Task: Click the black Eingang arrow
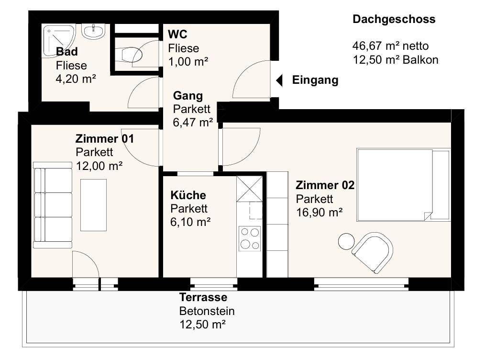279,80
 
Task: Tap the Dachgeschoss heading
394,19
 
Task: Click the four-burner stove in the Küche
250,239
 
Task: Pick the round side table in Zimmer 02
346,241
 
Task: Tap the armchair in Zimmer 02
373,253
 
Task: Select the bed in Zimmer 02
403,185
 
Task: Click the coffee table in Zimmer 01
93,205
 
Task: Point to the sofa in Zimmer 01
53,205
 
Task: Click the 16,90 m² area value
319,213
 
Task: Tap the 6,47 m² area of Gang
193,123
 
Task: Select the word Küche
188,195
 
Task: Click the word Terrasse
203,297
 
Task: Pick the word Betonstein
207,311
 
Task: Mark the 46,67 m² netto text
390,46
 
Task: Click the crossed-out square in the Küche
249,189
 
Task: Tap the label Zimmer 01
105,139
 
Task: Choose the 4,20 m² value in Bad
76,79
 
